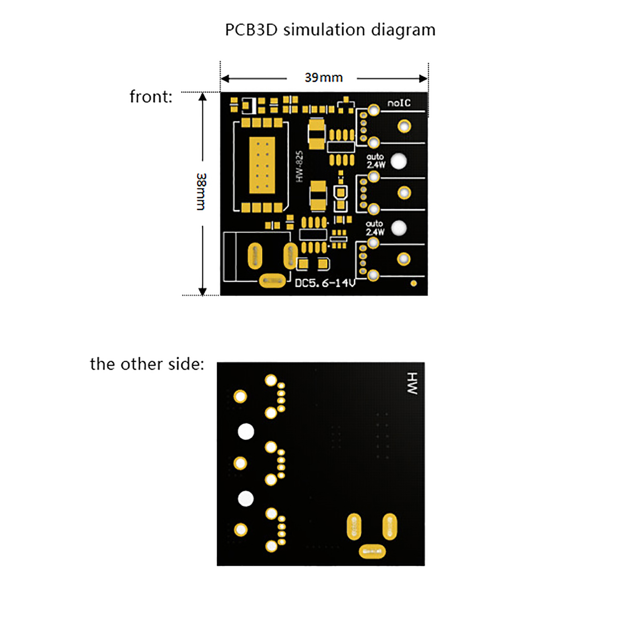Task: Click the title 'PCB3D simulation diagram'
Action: click(330, 30)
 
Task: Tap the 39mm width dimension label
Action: click(323, 77)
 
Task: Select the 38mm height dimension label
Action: click(201, 192)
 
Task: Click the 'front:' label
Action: click(151, 97)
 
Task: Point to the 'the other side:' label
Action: click(147, 364)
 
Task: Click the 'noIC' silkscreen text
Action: click(399, 103)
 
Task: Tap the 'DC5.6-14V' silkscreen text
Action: click(325, 283)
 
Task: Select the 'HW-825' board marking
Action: click(299, 166)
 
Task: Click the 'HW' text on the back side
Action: click(412, 383)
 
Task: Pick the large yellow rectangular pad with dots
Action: click(262, 165)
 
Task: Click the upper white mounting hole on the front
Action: click(398, 161)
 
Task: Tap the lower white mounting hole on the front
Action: click(398, 228)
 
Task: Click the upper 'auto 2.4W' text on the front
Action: click(376, 160)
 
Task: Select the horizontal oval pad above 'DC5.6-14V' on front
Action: click(272, 281)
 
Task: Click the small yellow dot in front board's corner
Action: click(414, 283)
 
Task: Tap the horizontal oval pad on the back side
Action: click(372, 551)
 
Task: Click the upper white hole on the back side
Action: click(246, 432)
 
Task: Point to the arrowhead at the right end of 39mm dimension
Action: click(423, 79)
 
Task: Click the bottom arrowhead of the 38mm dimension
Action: click(203, 291)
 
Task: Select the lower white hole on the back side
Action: click(246, 499)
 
